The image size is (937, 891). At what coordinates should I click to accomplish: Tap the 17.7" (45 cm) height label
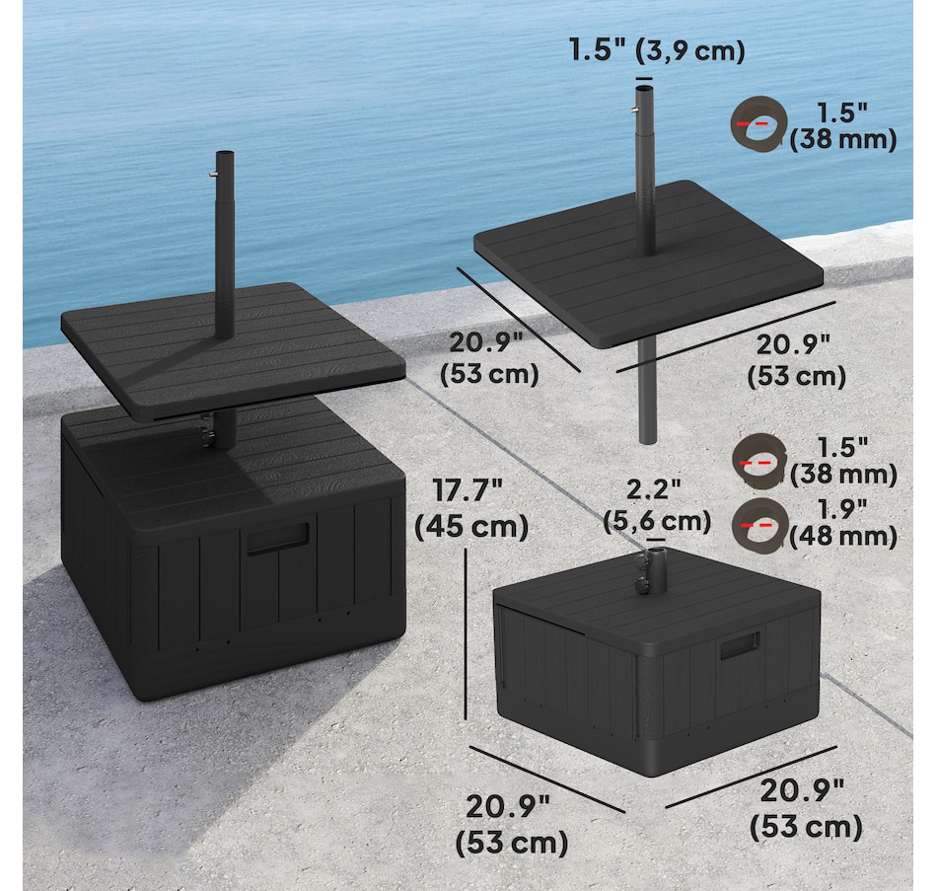471,509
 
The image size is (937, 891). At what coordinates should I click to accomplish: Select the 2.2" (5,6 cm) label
657,505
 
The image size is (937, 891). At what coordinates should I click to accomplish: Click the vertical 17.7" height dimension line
466,634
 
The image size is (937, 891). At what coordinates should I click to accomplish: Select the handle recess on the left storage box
278,538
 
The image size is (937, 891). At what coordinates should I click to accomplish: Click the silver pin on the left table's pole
213,174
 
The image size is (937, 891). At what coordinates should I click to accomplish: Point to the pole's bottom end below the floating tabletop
648,439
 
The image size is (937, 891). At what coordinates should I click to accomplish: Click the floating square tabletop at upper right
648,263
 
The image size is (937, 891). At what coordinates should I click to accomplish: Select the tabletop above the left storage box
233,350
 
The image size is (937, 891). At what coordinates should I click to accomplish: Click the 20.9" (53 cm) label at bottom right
806,810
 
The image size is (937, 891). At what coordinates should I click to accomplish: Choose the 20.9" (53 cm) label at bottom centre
512,824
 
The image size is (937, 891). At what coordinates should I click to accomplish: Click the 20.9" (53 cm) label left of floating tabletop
489,358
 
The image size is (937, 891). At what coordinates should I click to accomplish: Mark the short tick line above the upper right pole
644,78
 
